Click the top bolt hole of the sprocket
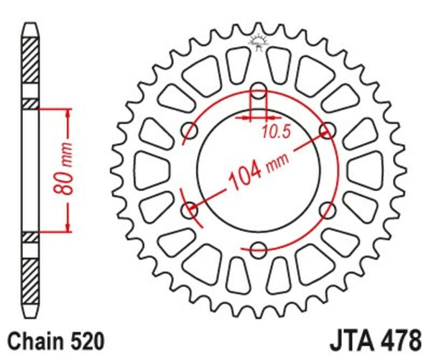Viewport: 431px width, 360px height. pyautogui.click(x=259, y=91)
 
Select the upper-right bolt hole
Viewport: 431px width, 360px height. pyautogui.click(x=328, y=130)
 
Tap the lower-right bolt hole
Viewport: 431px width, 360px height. pyautogui.click(x=328, y=210)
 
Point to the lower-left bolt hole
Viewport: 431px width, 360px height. pyautogui.click(x=190, y=211)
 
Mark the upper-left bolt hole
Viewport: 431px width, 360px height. pyautogui.click(x=190, y=130)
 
